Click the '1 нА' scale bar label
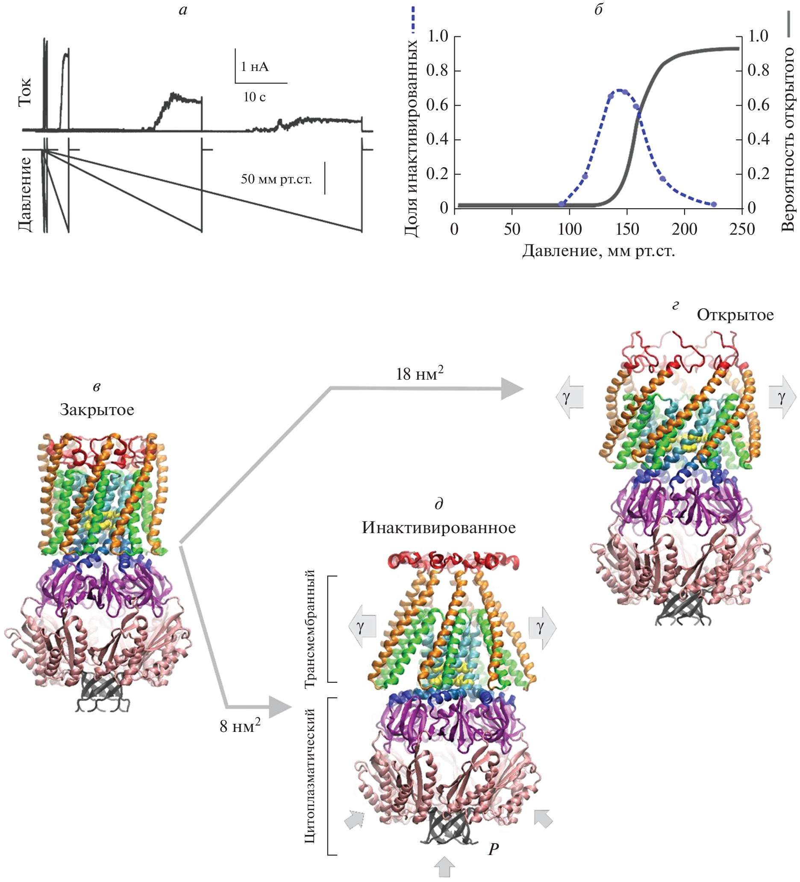pyautogui.click(x=255, y=67)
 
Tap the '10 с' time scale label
pyautogui.click(x=255, y=97)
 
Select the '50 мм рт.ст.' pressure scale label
pyautogui.click(x=276, y=179)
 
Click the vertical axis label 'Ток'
pyautogui.click(x=25, y=92)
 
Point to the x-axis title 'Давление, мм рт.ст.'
pyautogui.click(x=598, y=251)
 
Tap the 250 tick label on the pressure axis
pyautogui.click(x=742, y=229)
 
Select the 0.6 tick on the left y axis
pyautogui.click(x=438, y=105)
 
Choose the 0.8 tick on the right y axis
pyautogui.click(x=758, y=70)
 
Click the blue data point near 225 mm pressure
pyautogui.click(x=713, y=204)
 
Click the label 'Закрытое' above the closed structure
pyautogui.click(x=97, y=410)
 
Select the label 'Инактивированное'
pyautogui.click(x=439, y=528)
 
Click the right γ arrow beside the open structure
pyautogui.click(x=782, y=397)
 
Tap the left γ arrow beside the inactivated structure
pyautogui.click(x=362, y=627)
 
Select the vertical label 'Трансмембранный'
pyautogui.click(x=310, y=629)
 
